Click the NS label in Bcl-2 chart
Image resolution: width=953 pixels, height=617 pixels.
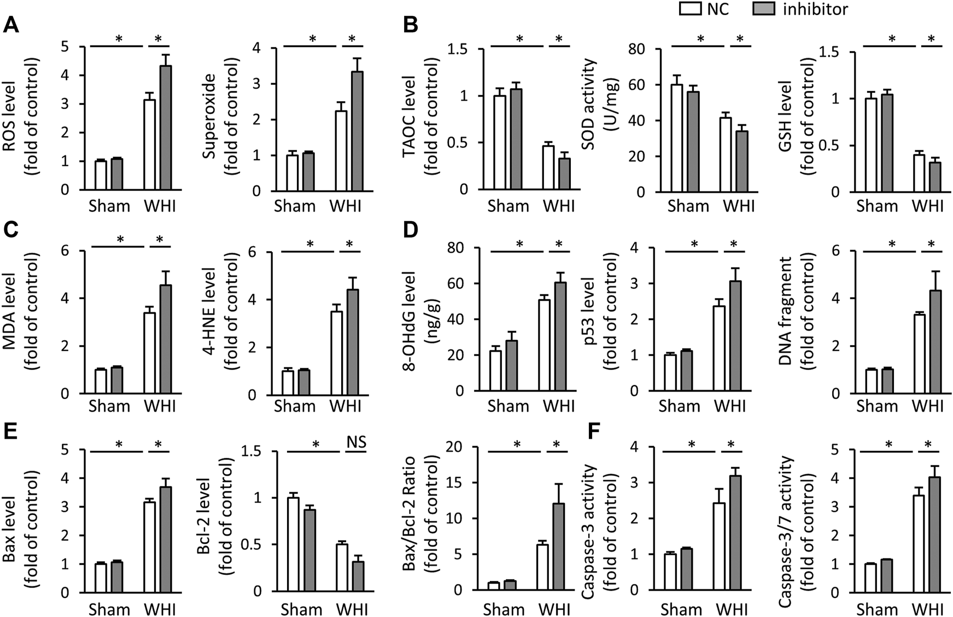coord(356,441)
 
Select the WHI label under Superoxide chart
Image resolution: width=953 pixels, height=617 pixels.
coord(346,206)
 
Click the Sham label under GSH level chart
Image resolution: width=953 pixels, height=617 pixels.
coord(877,206)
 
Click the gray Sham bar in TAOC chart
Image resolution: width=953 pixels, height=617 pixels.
coord(516,139)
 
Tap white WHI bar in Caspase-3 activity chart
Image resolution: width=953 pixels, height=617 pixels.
coord(719,546)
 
